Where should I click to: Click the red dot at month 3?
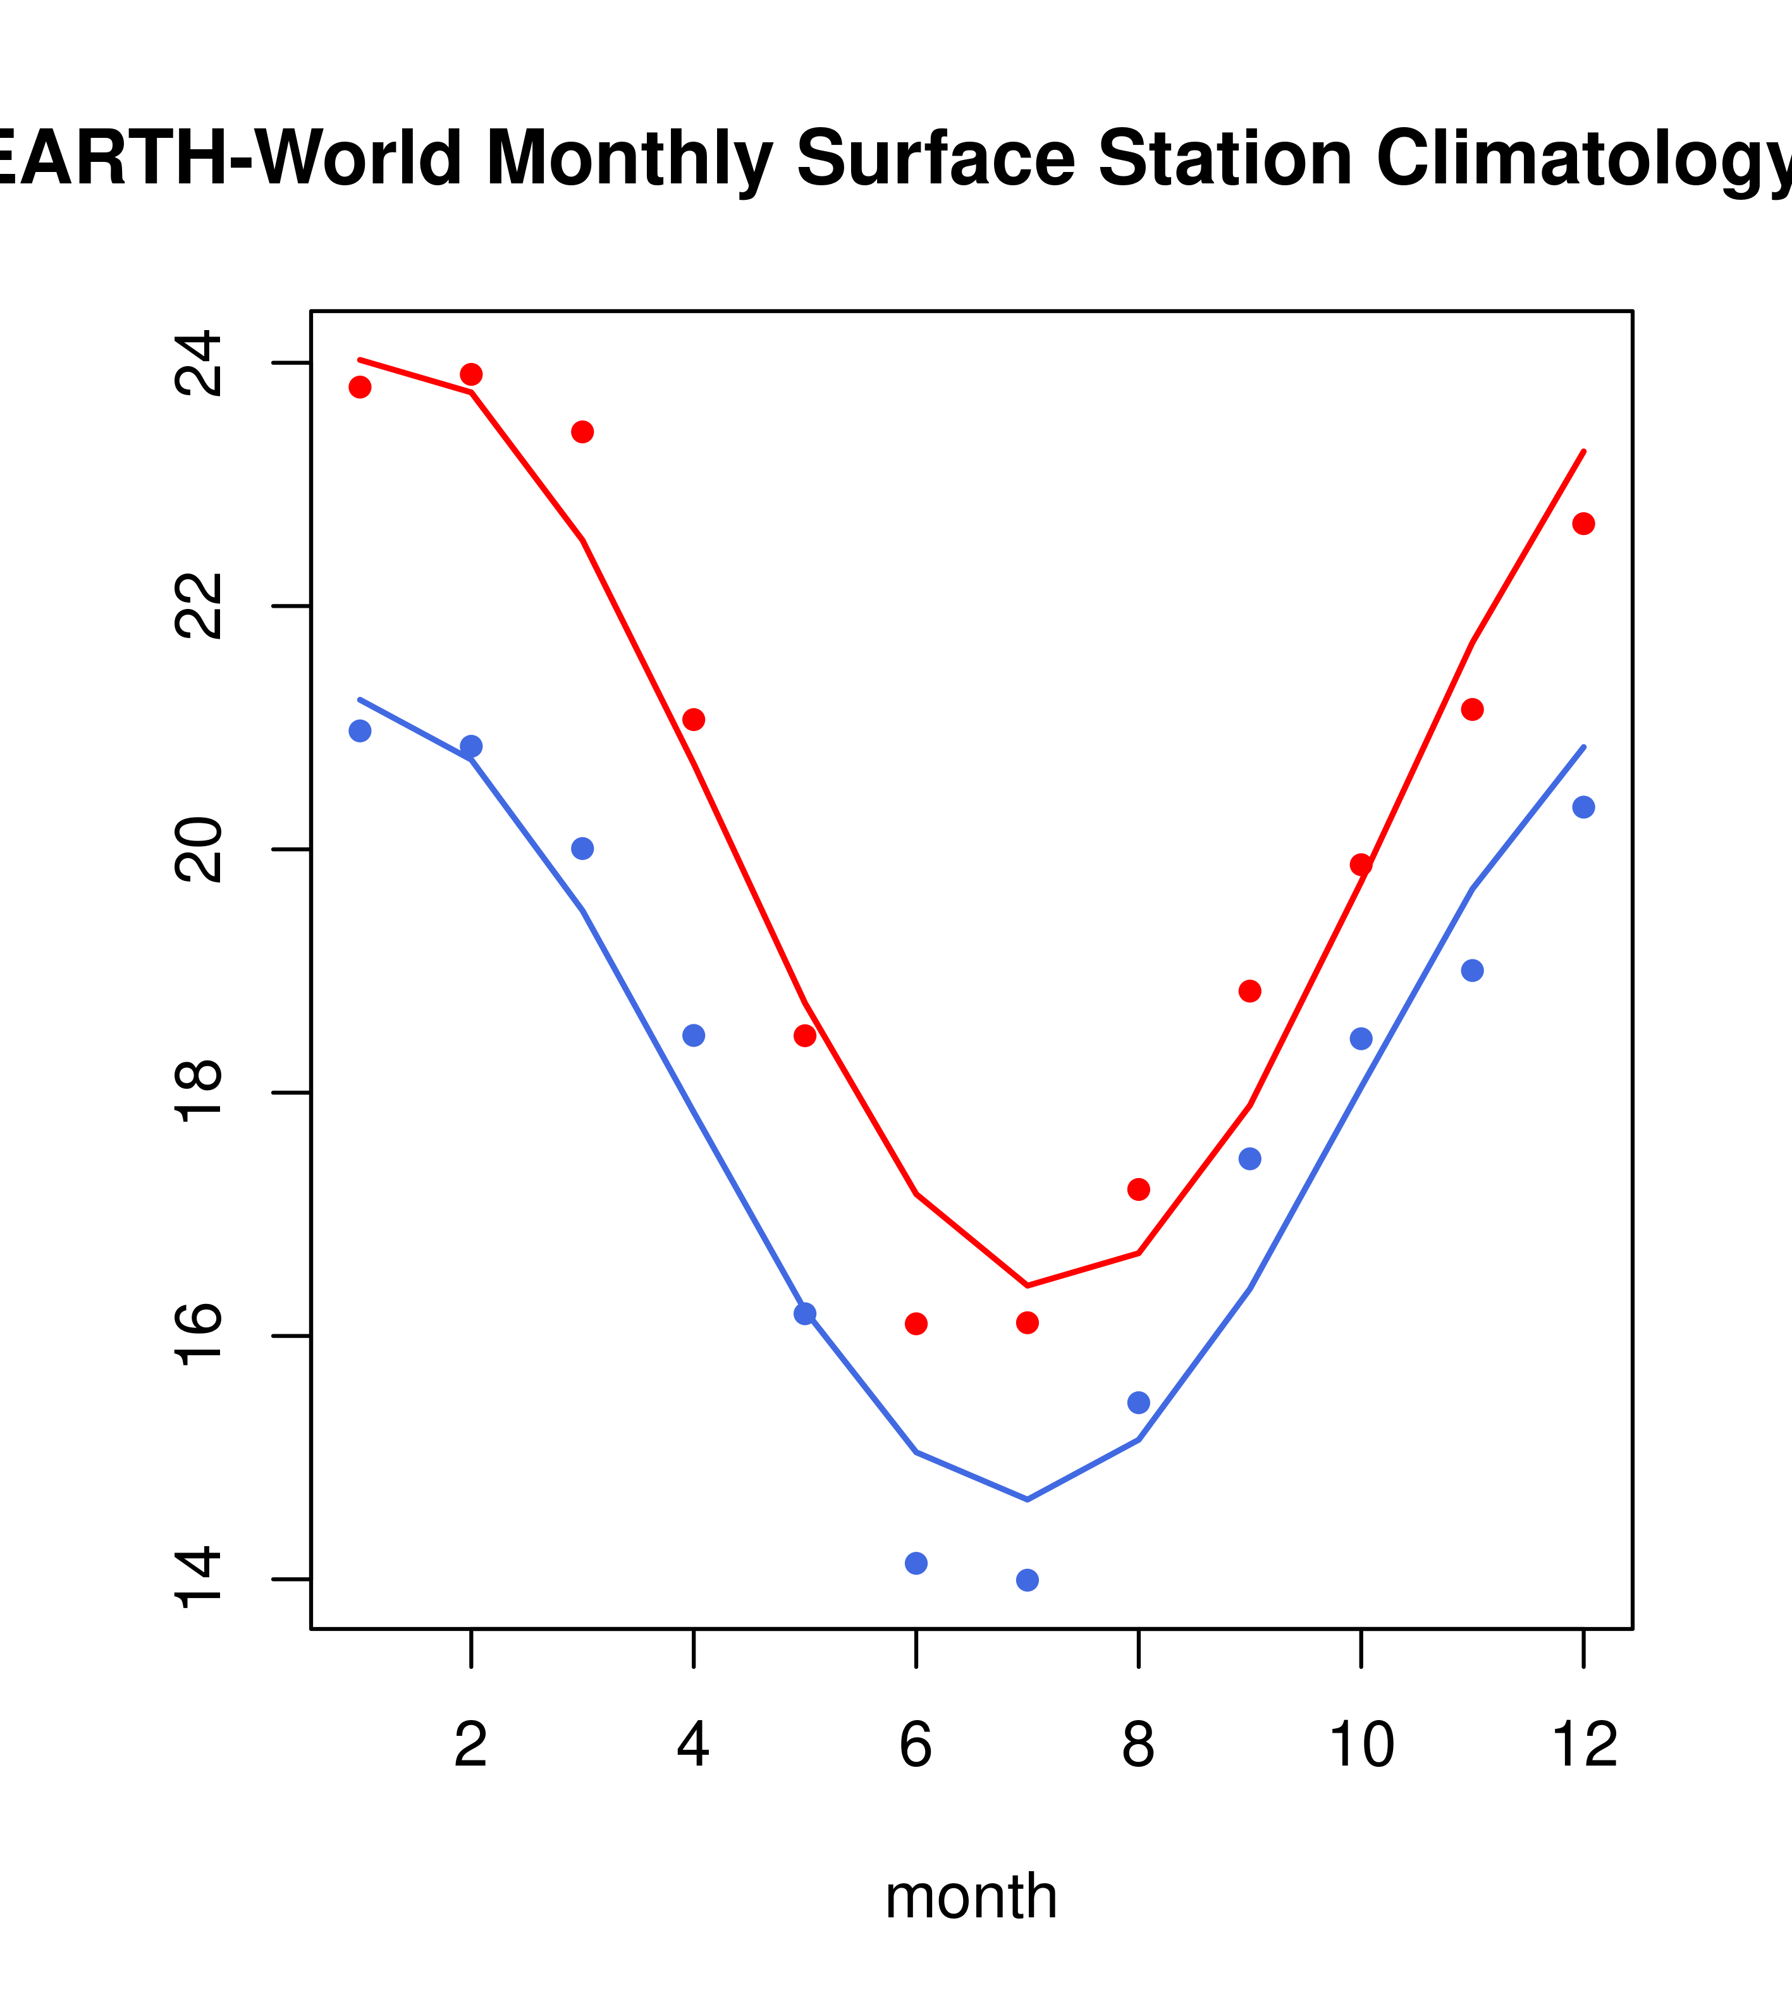[x=583, y=432]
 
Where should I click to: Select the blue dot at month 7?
[x=1028, y=1580]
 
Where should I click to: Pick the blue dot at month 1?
[x=360, y=731]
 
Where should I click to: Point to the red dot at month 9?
[x=1249, y=991]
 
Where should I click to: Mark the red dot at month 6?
[x=916, y=1324]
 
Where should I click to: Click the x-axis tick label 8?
[x=1138, y=1746]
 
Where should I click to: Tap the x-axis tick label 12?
[x=1585, y=1746]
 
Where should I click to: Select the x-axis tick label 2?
[x=472, y=1746]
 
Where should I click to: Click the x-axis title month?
[x=971, y=1896]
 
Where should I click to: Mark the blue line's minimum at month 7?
[x=1028, y=1500]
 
